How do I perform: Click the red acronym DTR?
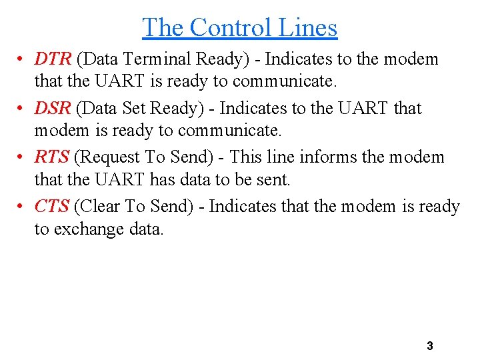click(x=53, y=59)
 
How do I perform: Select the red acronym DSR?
click(x=53, y=108)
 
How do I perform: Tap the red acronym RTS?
click(x=51, y=157)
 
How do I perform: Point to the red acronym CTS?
click(x=51, y=207)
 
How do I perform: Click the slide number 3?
click(x=429, y=346)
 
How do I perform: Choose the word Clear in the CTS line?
click(x=100, y=207)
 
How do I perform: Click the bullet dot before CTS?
click(x=22, y=207)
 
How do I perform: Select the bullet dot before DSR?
click(x=22, y=109)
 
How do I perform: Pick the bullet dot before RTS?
click(x=22, y=158)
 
